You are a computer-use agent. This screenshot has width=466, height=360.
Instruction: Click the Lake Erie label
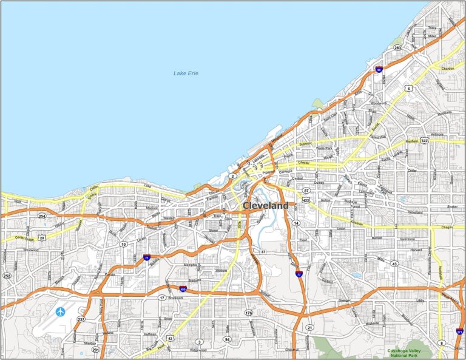[x=186, y=73]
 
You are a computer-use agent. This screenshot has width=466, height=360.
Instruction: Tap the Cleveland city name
[x=266, y=206]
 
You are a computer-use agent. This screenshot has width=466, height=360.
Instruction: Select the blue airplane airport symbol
[x=60, y=312]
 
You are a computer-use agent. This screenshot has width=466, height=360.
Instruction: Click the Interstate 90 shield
[x=379, y=70]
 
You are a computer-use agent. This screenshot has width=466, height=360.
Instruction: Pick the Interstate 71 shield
[x=147, y=257]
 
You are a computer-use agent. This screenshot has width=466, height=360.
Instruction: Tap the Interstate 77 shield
[x=299, y=274]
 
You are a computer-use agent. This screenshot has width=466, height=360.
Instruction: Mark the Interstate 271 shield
[x=460, y=331]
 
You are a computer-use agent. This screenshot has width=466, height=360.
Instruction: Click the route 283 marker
[x=397, y=47]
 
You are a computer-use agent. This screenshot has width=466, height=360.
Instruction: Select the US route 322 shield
[x=424, y=140]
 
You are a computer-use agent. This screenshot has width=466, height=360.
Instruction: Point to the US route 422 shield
[x=306, y=199]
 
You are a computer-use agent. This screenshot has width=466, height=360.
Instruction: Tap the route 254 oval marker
[x=42, y=216]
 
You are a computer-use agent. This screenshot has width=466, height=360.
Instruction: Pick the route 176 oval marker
[x=248, y=313]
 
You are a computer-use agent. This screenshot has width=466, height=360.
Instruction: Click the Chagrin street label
[x=447, y=226]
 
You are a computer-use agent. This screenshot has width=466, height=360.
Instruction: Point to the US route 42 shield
[x=171, y=338]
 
